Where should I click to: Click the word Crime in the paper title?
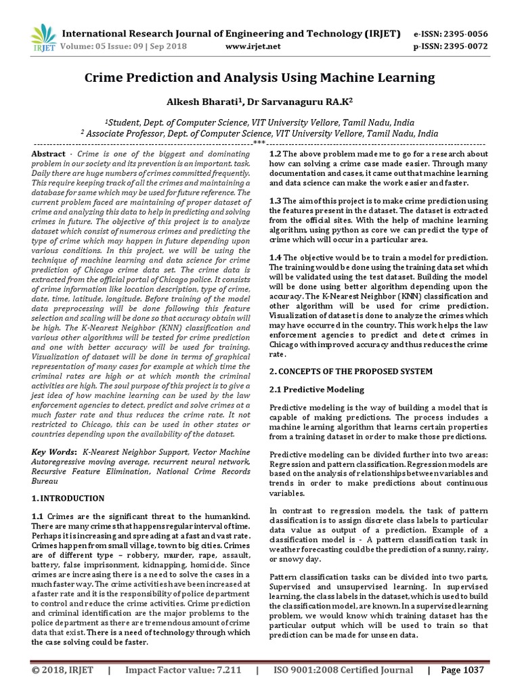point(104,78)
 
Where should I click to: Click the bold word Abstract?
point(49,154)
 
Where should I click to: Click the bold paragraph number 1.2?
point(276,154)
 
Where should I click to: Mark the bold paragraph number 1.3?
point(276,201)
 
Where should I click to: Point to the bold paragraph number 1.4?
point(276,258)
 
